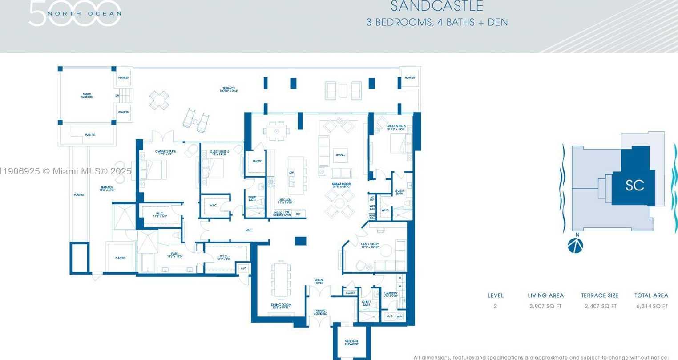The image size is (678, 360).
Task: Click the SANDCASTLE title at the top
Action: click(x=436, y=6)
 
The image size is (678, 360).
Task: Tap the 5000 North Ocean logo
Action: click(x=75, y=13)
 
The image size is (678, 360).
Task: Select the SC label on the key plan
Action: click(x=634, y=185)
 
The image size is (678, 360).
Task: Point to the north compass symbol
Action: click(x=575, y=245)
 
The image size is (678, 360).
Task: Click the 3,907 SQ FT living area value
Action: click(x=545, y=306)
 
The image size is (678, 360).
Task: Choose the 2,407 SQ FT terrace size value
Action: click(x=600, y=306)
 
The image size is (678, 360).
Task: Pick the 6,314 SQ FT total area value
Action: click(x=651, y=306)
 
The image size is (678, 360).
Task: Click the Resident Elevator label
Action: click(x=351, y=343)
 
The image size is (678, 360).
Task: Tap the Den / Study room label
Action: click(x=370, y=245)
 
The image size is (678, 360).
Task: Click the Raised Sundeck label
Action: click(x=87, y=96)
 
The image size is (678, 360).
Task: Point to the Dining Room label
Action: click(x=281, y=306)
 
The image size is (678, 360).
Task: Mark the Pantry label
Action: click(x=257, y=161)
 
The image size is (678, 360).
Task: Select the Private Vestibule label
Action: click(x=320, y=312)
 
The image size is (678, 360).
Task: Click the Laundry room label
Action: click(x=391, y=294)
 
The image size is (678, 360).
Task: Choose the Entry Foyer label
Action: click(x=319, y=281)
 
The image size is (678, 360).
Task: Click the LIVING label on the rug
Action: click(x=340, y=155)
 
